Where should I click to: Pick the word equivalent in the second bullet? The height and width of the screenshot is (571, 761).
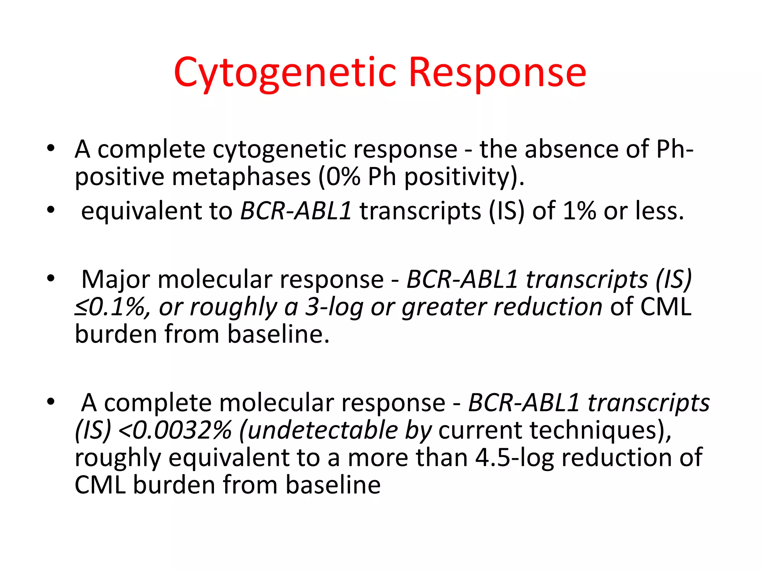pyautogui.click(x=141, y=211)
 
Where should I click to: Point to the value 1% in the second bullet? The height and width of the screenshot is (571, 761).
pyautogui.click(x=579, y=211)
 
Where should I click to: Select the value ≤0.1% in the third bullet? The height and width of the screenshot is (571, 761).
pyautogui.click(x=111, y=307)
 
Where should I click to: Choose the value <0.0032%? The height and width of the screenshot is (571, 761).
pyautogui.click(x=175, y=430)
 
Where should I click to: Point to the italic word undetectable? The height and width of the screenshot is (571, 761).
pyautogui.click(x=323, y=430)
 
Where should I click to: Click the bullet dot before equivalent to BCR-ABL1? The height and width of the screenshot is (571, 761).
pyautogui.click(x=51, y=210)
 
